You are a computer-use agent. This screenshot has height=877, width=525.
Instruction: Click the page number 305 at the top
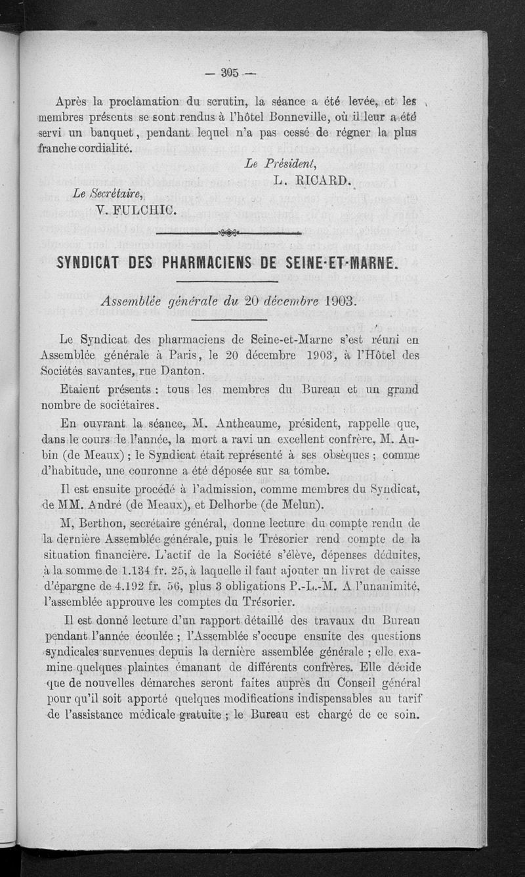point(230,72)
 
